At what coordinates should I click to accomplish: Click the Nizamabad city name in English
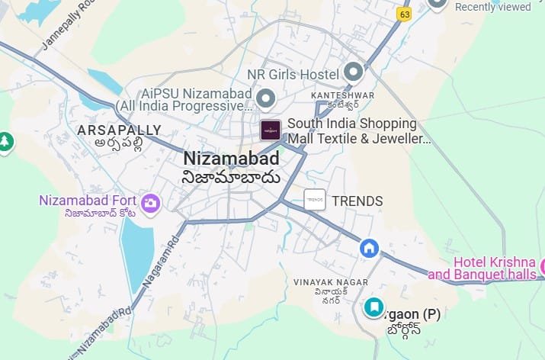click(231, 159)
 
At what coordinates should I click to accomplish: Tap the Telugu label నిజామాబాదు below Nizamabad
click(231, 178)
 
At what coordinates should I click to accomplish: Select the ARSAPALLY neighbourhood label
click(119, 130)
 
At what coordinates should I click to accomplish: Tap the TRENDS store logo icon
click(315, 201)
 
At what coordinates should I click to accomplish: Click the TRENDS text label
click(357, 201)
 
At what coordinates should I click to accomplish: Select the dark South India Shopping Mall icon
click(270, 130)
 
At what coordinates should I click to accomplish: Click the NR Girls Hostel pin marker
click(353, 73)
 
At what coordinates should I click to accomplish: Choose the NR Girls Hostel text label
click(293, 75)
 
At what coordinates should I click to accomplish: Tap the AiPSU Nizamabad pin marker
click(265, 98)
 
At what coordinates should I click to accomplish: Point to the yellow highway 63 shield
click(404, 13)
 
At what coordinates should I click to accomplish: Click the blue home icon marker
click(370, 248)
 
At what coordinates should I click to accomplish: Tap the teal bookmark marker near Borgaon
click(373, 307)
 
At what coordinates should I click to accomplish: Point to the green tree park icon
click(5, 141)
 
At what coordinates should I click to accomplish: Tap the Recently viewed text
click(492, 7)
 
